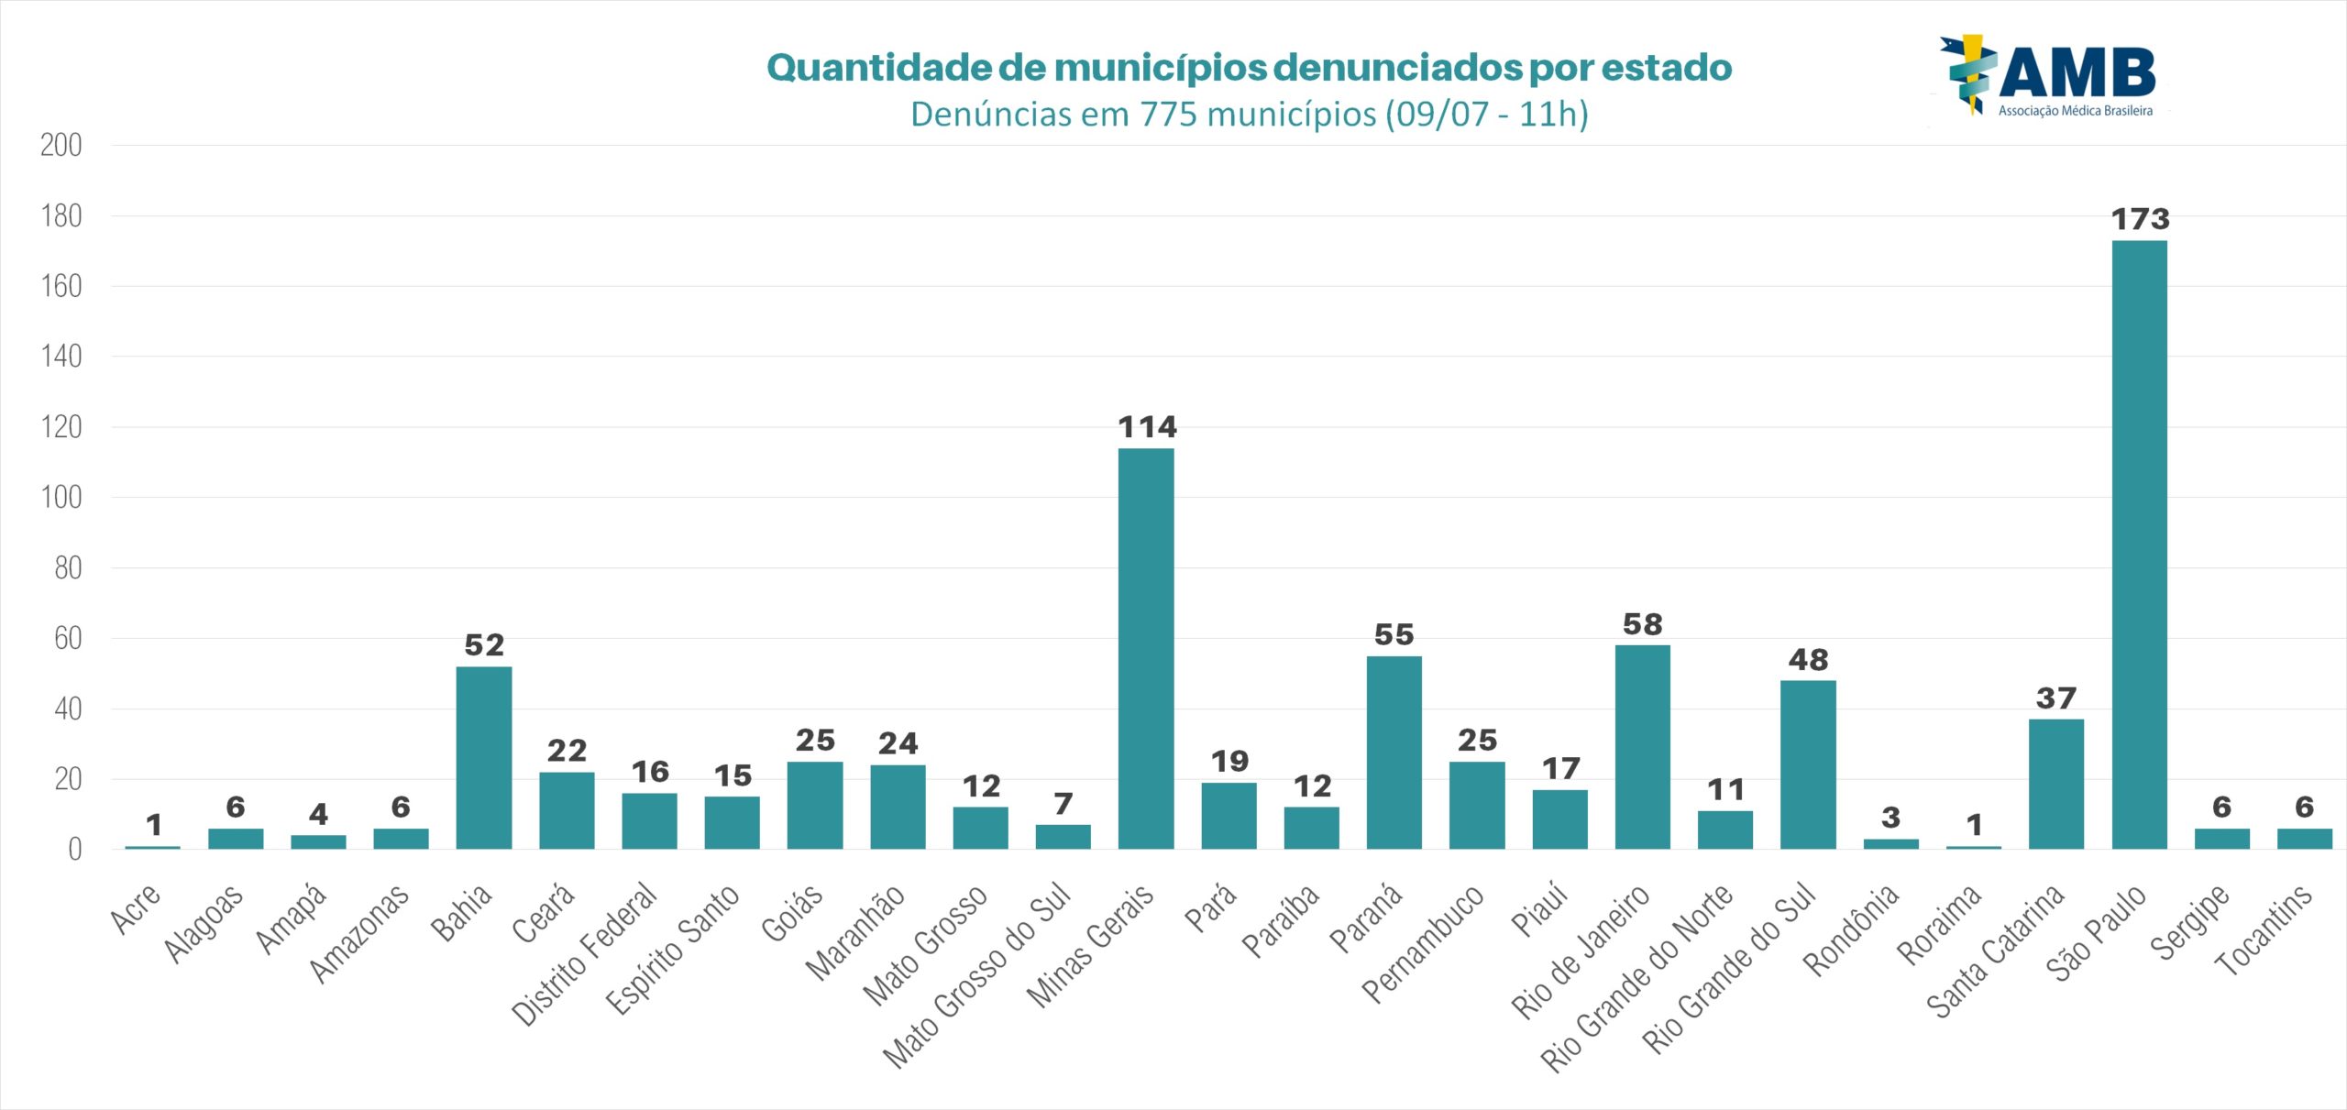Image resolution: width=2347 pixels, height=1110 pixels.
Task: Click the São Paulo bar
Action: [x=2139, y=544]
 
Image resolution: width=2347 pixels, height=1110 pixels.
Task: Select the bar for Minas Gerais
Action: [x=1146, y=648]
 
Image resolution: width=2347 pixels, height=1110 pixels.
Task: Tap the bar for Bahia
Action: [x=484, y=757]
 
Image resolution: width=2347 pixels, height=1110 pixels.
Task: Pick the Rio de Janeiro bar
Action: [x=1642, y=747]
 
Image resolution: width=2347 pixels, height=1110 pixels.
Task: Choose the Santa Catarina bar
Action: [x=2055, y=784]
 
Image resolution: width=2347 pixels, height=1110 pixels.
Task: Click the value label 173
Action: [x=2140, y=220]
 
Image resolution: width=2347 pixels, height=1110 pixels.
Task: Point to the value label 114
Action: [x=1147, y=427]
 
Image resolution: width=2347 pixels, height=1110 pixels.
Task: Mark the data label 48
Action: [x=1808, y=660]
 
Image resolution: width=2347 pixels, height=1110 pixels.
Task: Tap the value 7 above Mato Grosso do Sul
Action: [x=1063, y=804]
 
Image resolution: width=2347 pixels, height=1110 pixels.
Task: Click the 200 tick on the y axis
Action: [x=61, y=145]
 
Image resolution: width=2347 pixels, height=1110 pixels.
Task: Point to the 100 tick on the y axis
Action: [x=61, y=498]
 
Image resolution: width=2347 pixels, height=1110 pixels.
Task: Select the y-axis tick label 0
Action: [x=74, y=850]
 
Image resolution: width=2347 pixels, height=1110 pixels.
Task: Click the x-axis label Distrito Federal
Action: [x=585, y=953]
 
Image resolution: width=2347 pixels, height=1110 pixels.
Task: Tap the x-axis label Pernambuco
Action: [x=1422, y=944]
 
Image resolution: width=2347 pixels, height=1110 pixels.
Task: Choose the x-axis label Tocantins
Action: [x=2263, y=930]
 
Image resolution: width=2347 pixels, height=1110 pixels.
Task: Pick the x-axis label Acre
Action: [x=136, y=909]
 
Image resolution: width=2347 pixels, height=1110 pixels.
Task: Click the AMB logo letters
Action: [x=2077, y=73]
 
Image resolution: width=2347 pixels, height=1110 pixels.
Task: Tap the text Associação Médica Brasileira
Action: [x=2075, y=111]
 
